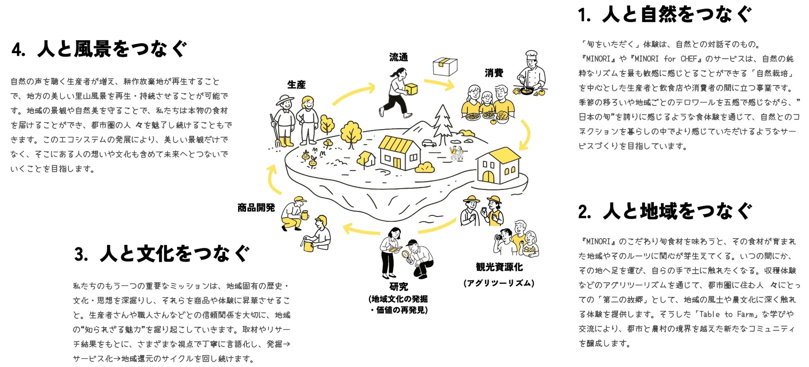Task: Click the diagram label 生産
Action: tap(296, 85)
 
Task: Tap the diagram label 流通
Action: tap(398, 57)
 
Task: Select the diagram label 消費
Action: tap(494, 73)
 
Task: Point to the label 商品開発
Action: tap(256, 208)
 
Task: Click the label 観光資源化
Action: tap(499, 267)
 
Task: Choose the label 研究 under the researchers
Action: tap(398, 286)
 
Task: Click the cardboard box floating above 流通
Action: tap(445, 67)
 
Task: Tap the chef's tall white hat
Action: tap(531, 55)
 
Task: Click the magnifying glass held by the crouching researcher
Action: tap(406, 254)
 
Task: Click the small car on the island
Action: tap(429, 143)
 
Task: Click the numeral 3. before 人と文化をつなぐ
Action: tap(81, 254)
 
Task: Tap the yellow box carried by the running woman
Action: tap(411, 89)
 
